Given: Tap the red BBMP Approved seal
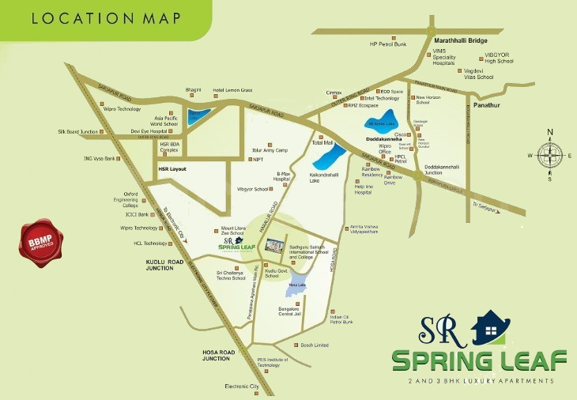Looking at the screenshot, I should [x=40, y=240].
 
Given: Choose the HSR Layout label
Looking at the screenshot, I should [x=172, y=169].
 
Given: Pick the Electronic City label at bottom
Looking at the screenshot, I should [x=242, y=386].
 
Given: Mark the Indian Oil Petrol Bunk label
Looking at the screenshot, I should [x=341, y=319].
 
